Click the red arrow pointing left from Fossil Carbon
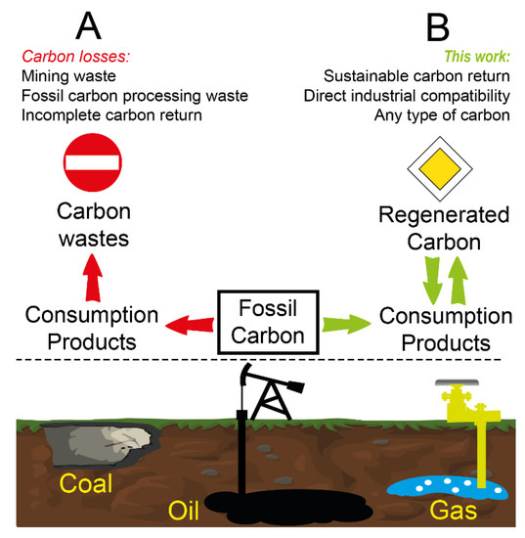coord(188,322)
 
